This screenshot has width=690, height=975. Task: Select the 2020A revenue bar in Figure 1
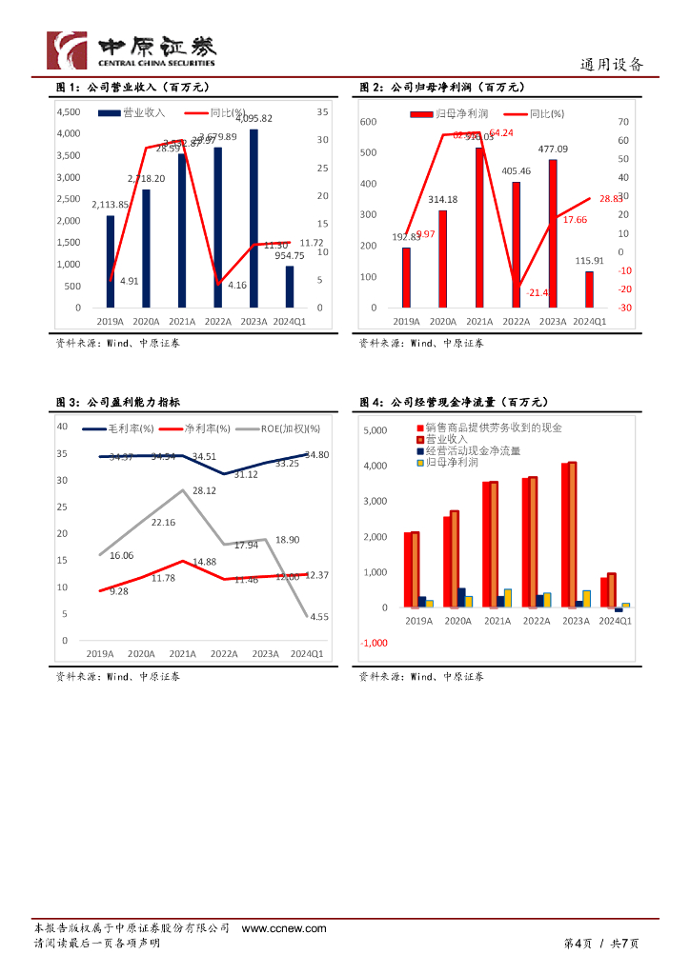coord(146,249)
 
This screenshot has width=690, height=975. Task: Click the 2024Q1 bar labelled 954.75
coord(290,287)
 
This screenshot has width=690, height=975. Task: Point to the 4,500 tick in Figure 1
coord(69,111)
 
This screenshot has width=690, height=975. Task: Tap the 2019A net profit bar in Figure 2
coord(406,278)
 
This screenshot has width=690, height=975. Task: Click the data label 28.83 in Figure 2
coord(611,199)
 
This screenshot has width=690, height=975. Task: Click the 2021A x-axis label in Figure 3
coord(182,654)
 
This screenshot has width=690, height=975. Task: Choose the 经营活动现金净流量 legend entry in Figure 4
coord(475,450)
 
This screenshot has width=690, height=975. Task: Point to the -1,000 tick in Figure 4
coord(375,643)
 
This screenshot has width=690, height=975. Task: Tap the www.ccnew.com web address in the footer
coord(284,928)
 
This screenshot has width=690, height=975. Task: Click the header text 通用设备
coord(612,65)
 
